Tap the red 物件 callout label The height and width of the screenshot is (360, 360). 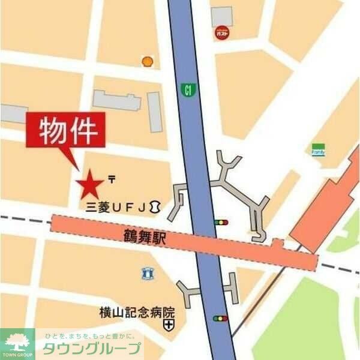coord(65,130)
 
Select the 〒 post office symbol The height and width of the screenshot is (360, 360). coord(112,178)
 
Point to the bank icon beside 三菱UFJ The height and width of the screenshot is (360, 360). coord(155,207)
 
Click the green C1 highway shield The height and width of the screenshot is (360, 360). coord(188,91)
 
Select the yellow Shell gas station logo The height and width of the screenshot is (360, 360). coord(147,61)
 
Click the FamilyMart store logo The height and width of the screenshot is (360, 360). coord(318,149)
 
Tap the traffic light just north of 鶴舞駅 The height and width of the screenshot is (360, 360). coord(221,223)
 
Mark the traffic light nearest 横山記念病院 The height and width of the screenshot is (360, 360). coord(221,318)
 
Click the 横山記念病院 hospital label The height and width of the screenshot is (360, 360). coord(137,312)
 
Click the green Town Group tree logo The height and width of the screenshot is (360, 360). coord(17,343)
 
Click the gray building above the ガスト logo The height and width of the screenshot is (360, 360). coord(221,16)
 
